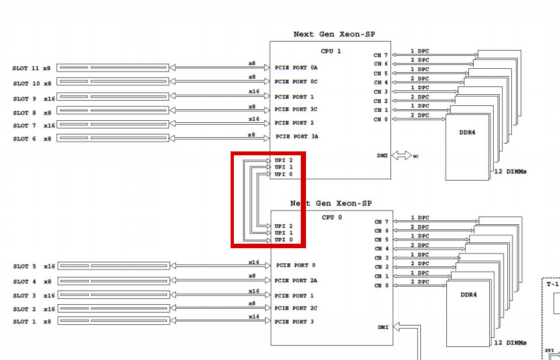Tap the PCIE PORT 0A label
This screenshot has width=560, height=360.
(296, 68)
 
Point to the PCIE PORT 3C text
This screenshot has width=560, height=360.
(296, 109)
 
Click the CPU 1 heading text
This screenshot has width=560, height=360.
(331, 51)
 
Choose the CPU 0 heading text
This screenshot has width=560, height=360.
(331, 217)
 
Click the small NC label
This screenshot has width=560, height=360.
(416, 157)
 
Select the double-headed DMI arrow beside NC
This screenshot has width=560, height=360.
(401, 156)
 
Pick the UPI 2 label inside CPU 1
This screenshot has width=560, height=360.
(284, 160)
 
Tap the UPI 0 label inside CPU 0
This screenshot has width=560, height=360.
(284, 240)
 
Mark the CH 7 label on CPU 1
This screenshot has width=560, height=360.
(381, 55)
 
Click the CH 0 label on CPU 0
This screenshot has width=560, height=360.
(381, 285)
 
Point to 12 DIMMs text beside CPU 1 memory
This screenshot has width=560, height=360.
(510, 172)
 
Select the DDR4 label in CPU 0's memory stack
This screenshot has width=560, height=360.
(468, 295)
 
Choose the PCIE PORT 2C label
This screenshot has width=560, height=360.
(296, 308)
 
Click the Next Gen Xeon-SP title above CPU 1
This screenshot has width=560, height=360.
(334, 34)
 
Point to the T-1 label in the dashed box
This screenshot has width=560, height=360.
(552, 284)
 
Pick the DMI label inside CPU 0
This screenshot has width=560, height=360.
(382, 326)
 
